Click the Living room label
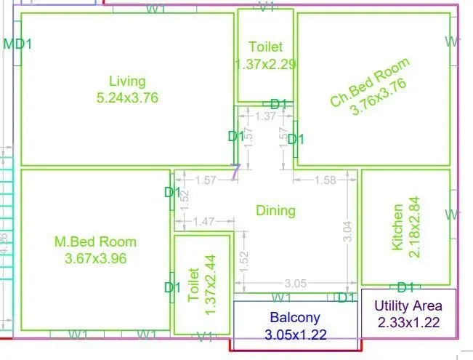pos(127,81)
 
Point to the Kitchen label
pos(397,227)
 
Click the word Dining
pos(276,211)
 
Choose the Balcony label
pos(295,318)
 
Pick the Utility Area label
pos(408,306)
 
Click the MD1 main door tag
pos(18,44)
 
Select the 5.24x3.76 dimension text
pos(127,97)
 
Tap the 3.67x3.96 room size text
pos(95,258)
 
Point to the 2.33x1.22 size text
pos(408,323)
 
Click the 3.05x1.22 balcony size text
pos(296,335)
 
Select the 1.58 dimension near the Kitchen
pos(326,180)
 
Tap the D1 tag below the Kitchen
pos(405,287)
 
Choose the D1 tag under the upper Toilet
pos(280,104)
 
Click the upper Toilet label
pos(266,47)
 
